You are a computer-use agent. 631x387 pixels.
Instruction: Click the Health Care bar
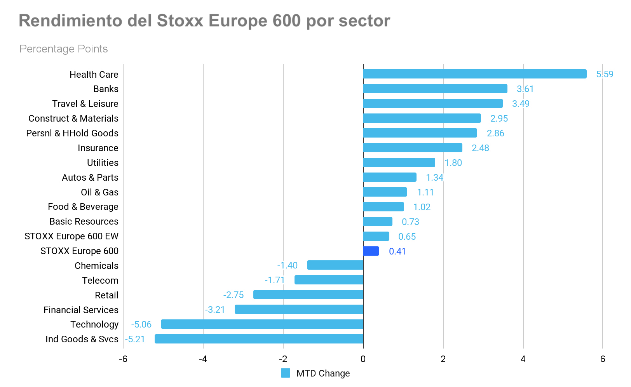[x=474, y=74]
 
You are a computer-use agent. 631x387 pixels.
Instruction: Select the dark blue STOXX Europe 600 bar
[x=371, y=251]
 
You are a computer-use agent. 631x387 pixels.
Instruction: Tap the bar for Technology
[x=262, y=324]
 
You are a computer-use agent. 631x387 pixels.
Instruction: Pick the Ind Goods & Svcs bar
[x=259, y=339]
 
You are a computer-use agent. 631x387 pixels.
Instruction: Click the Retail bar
[x=308, y=295]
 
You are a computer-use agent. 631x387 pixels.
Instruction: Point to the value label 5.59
[x=605, y=74]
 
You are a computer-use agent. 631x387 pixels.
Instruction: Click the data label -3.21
[x=215, y=310]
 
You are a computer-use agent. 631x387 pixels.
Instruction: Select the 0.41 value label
[x=397, y=251]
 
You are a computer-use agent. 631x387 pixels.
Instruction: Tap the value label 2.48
[x=480, y=148]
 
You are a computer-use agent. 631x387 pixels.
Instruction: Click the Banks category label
[x=106, y=89]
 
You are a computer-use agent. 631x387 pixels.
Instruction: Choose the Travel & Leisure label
[x=85, y=104]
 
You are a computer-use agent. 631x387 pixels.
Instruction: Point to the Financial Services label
[x=81, y=310]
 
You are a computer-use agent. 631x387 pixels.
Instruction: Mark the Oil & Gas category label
[x=99, y=192]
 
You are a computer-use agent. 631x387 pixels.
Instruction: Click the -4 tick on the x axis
[x=202, y=359]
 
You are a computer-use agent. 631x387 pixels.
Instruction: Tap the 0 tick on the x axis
[x=363, y=359]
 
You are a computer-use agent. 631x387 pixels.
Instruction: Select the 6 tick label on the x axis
[x=603, y=359]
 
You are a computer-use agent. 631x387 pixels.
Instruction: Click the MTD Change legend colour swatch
[x=286, y=373]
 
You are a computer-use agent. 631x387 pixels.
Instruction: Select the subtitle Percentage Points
[x=63, y=49]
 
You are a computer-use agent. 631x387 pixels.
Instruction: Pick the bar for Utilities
[x=399, y=162]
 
